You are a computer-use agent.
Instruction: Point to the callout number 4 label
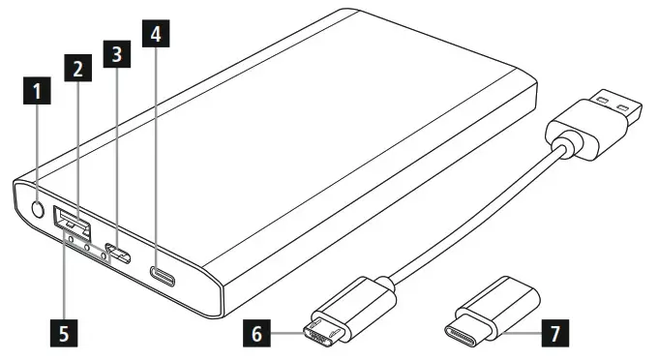tap(157, 34)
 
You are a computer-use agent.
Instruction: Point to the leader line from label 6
tap(289, 335)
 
